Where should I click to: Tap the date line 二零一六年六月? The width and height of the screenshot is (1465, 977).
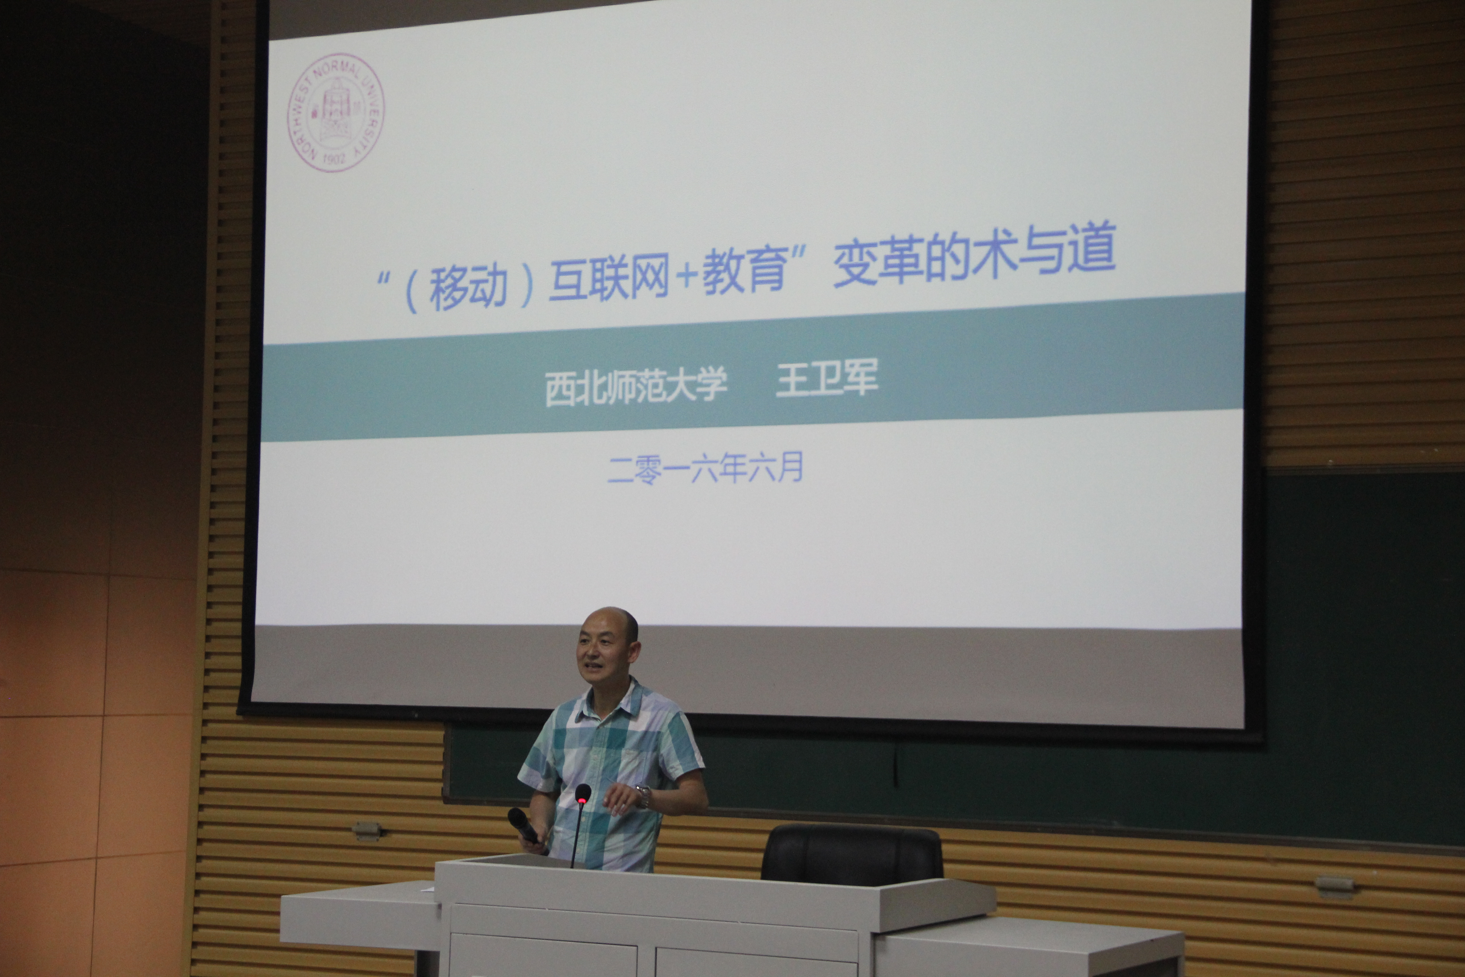click(705, 468)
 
